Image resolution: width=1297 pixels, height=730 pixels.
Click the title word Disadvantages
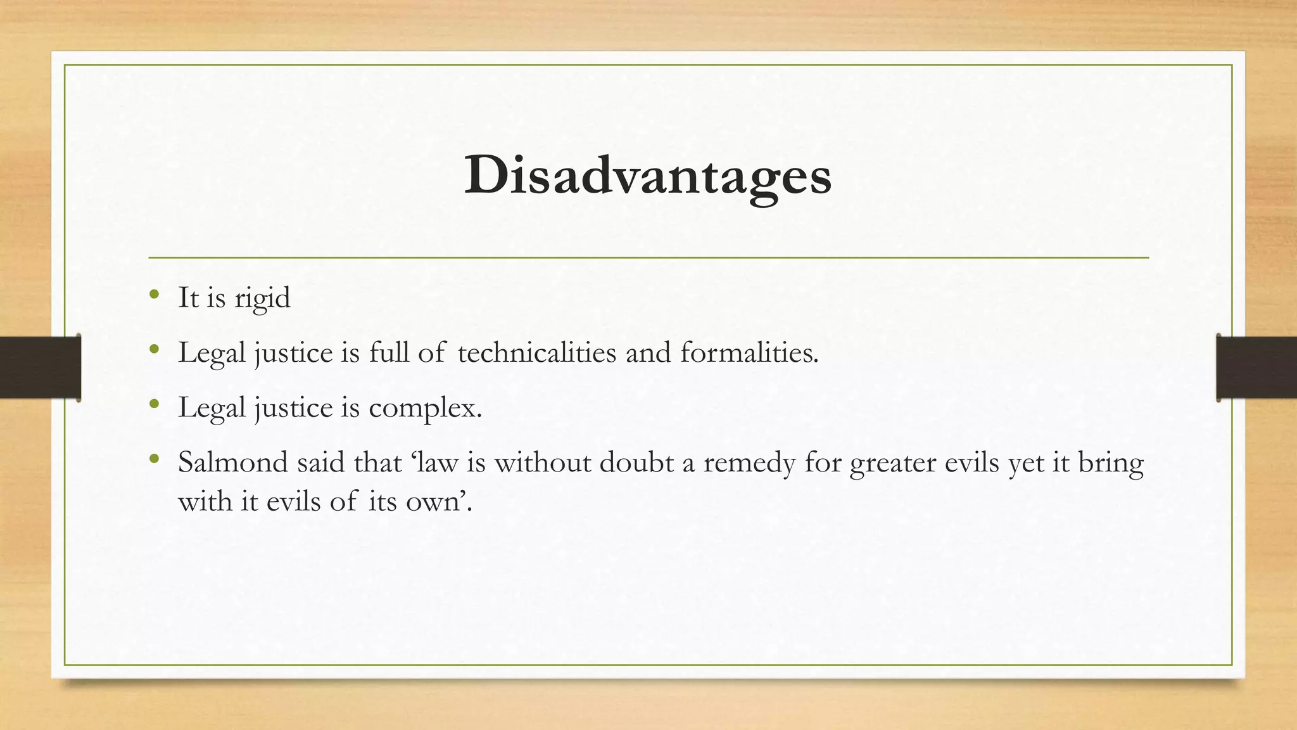coord(647,176)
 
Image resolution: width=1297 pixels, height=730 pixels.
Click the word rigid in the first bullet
coord(262,298)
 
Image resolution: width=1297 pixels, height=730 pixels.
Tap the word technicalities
coord(536,352)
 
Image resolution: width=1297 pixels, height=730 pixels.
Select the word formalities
coord(749,352)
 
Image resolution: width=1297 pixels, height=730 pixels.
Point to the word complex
coord(425,407)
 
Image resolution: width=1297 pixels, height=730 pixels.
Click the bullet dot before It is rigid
coord(154,294)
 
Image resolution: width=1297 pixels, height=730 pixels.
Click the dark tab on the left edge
coord(40,368)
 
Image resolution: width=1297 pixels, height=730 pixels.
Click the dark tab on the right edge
coord(1256,368)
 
